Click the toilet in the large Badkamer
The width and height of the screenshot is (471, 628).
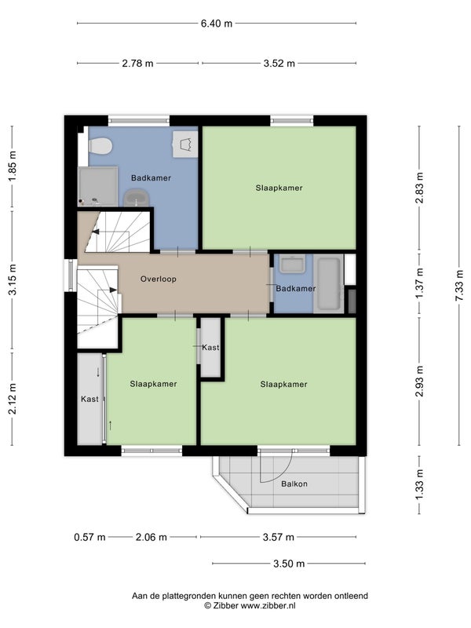point(100,146)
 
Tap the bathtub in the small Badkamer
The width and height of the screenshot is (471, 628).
point(328,284)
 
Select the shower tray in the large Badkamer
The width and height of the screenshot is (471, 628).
point(97,187)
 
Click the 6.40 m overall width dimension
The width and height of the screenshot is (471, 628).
point(217,24)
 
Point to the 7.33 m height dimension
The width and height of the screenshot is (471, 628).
point(459,285)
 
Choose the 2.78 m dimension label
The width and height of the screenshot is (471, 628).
point(137,63)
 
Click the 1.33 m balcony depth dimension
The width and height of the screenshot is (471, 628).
point(419,484)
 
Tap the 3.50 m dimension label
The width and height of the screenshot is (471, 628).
point(289,564)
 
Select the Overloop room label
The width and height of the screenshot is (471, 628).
point(159,279)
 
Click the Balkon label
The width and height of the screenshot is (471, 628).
point(294,484)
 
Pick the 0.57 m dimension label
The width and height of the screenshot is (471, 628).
point(89,537)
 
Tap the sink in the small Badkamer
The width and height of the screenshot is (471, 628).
point(292,265)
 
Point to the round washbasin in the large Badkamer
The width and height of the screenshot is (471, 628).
point(136,198)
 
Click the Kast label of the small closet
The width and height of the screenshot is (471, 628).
point(210,347)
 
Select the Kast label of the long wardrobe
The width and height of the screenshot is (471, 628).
point(89,399)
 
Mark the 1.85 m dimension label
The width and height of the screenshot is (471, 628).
point(12,166)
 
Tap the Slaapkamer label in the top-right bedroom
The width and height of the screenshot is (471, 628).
point(279,188)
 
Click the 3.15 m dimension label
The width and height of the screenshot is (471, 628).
point(12,279)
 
